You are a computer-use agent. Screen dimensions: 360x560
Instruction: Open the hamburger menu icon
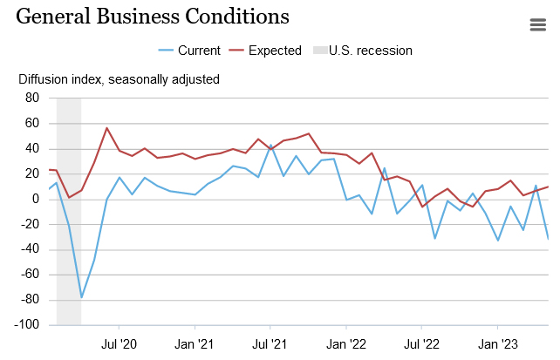coord(538,24)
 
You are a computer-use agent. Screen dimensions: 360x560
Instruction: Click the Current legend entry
coord(190,51)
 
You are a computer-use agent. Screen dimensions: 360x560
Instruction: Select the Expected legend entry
coord(265,51)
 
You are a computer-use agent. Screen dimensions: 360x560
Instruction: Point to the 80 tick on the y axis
coord(31,98)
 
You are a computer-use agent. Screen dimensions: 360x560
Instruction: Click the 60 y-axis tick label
coord(31,123)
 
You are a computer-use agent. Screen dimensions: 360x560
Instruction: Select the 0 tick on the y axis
coord(36,199)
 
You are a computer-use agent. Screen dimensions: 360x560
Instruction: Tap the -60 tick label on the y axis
coord(30,274)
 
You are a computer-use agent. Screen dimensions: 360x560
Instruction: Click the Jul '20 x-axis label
coord(120,344)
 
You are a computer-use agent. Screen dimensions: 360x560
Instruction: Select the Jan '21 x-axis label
coord(195,344)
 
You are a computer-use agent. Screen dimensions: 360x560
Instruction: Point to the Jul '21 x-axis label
coord(270,344)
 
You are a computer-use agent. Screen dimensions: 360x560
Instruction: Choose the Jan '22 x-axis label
coord(346,344)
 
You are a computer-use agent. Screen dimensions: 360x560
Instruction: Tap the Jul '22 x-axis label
coord(422,344)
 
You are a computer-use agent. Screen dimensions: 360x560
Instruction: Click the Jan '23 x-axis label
coord(498,344)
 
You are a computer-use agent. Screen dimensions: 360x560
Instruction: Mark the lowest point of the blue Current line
coord(82,297)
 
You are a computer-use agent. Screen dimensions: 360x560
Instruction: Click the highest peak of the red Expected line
coord(106,128)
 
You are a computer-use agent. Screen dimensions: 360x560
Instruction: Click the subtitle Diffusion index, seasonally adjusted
coord(120,79)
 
